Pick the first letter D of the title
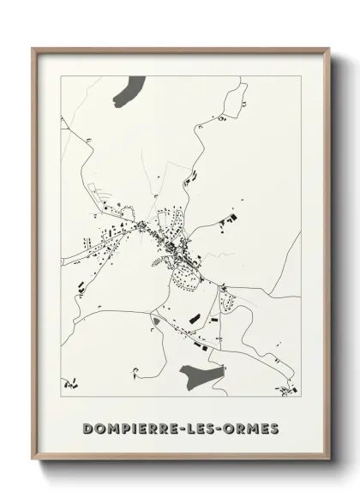[x=88, y=427]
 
